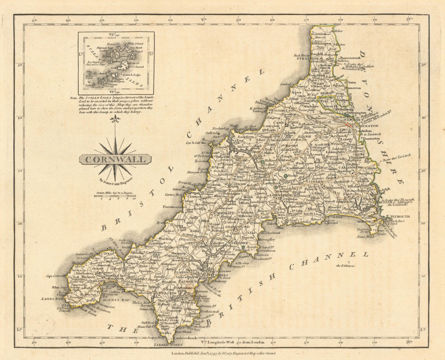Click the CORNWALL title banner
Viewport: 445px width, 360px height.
coord(115,159)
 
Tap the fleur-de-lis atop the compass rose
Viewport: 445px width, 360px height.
coord(116,120)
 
